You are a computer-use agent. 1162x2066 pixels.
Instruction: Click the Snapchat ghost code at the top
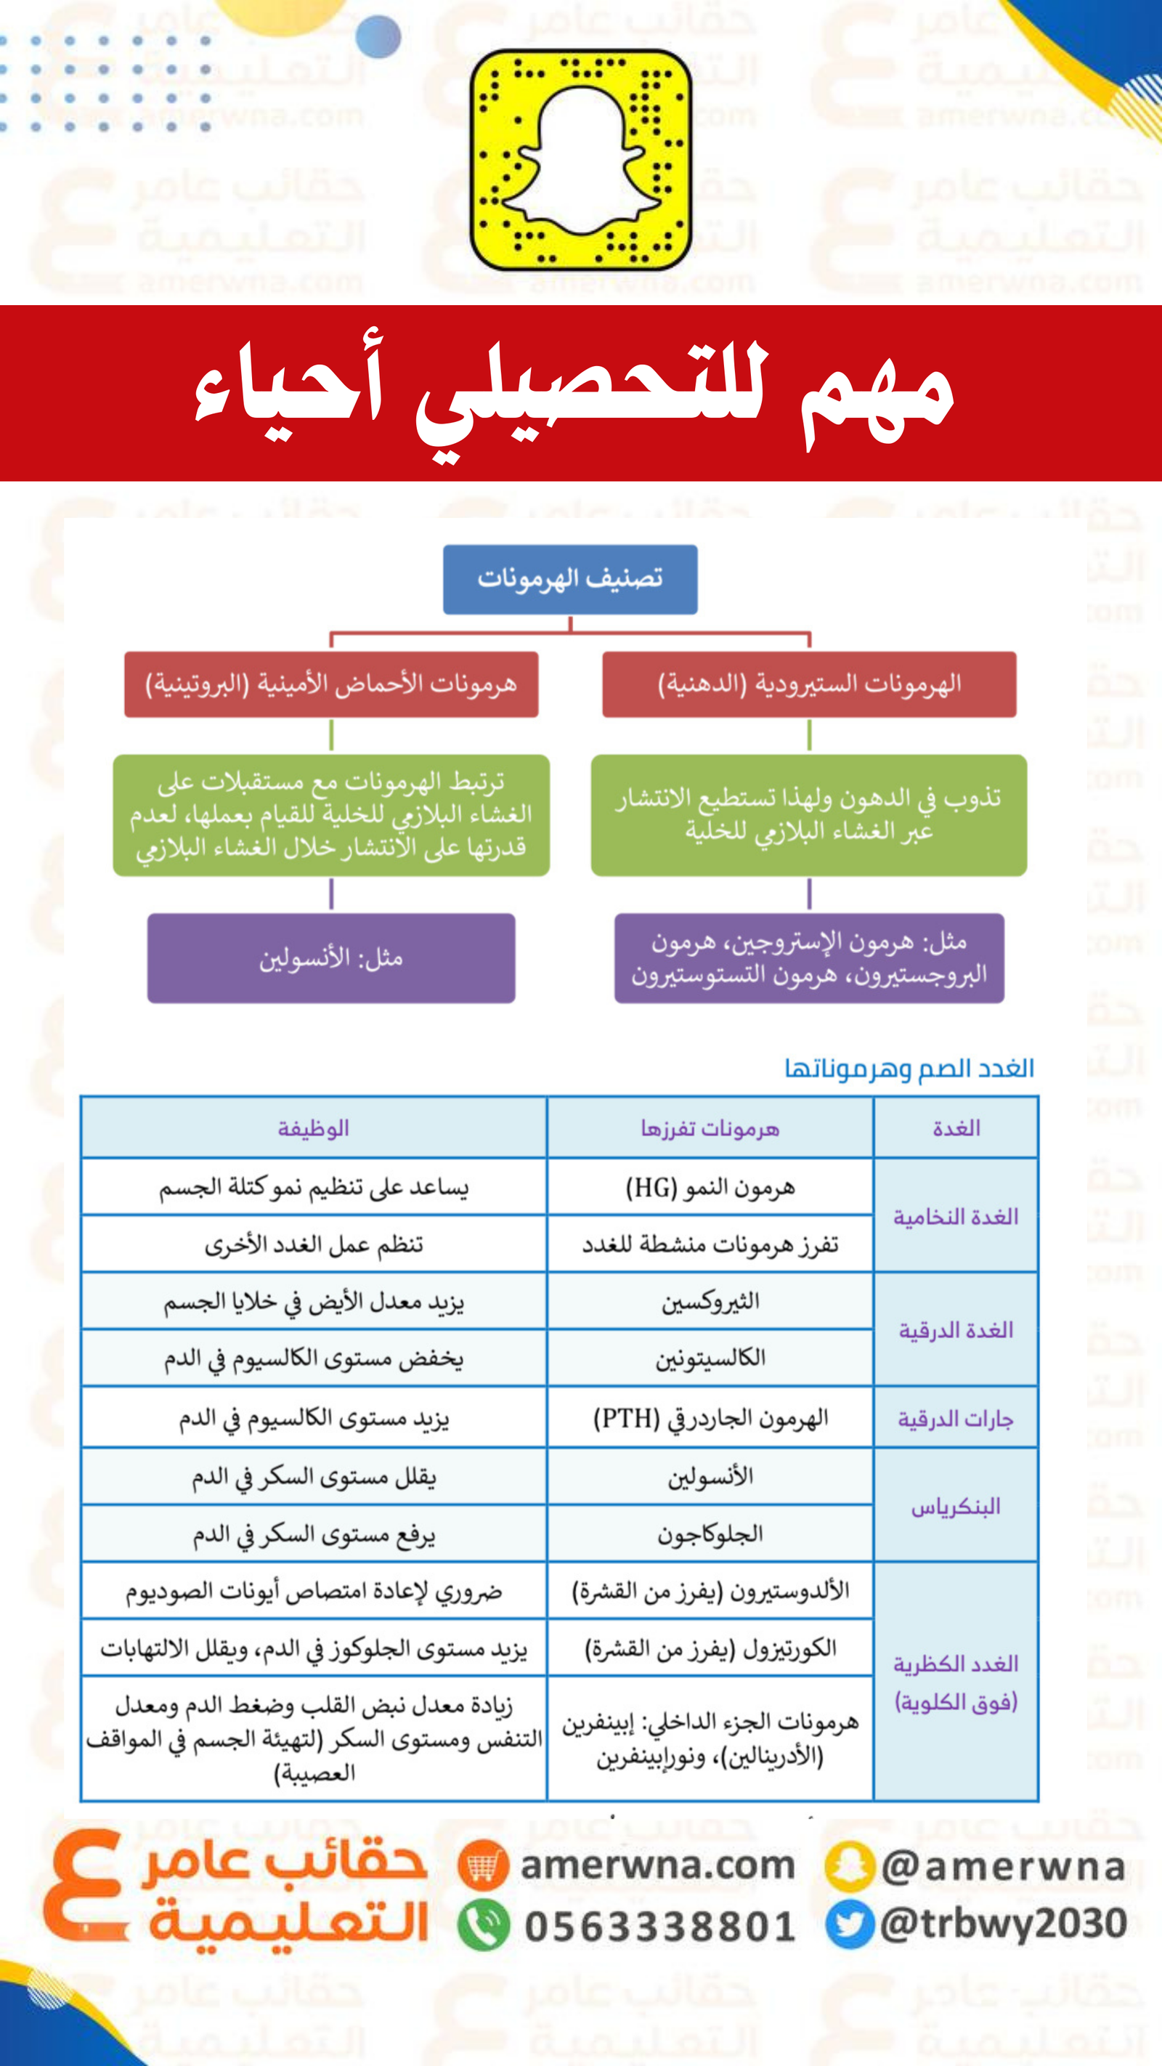pos(580,160)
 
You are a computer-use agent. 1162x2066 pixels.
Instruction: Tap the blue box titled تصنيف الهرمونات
pos(570,579)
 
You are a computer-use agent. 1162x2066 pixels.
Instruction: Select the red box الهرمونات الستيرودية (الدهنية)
pos(809,684)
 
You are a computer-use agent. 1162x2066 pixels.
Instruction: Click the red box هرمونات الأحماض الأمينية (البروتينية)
pos(331,684)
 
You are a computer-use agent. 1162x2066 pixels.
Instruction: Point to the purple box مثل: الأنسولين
pos(331,957)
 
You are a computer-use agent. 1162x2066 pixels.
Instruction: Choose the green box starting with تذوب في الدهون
pos(808,814)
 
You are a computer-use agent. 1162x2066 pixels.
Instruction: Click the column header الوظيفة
pos(314,1127)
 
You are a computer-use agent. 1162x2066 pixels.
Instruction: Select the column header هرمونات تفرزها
pos(710,1127)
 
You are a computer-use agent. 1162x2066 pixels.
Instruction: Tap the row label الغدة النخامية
pos(956,1216)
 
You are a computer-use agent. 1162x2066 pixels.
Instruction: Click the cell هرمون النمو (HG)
pos(710,1187)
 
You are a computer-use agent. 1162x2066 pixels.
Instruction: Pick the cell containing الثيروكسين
pos(710,1301)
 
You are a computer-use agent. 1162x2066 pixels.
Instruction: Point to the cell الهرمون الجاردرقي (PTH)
pos(710,1418)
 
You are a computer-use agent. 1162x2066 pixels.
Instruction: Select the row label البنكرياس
pos(956,1505)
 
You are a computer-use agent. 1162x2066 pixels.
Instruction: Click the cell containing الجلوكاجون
pos(710,1534)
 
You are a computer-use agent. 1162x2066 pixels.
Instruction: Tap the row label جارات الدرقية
pos(956,1418)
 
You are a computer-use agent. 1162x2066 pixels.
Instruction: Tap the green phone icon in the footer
pos(484,1925)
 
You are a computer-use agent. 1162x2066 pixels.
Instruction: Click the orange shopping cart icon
pos(484,1866)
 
